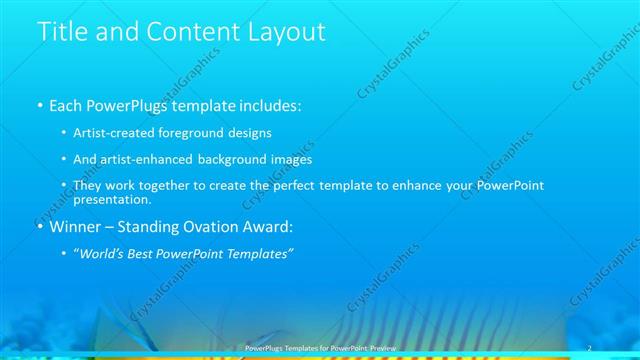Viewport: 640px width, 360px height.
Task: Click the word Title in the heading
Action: point(61,32)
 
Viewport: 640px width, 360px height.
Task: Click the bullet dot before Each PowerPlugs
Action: point(39,105)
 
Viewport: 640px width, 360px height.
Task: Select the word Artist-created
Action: point(112,132)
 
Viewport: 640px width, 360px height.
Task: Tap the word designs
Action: point(250,132)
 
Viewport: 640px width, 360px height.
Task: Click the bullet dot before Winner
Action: point(39,227)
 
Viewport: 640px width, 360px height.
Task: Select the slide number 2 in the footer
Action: point(589,346)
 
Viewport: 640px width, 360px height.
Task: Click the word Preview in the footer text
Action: point(380,347)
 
